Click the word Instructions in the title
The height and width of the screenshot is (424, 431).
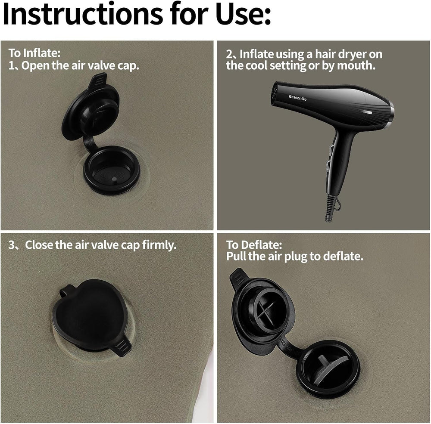coord(82,14)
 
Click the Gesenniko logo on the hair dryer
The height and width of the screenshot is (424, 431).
coord(297,97)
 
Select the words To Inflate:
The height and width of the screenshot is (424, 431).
coord(34,53)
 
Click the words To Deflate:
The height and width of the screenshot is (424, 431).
coord(254,244)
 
